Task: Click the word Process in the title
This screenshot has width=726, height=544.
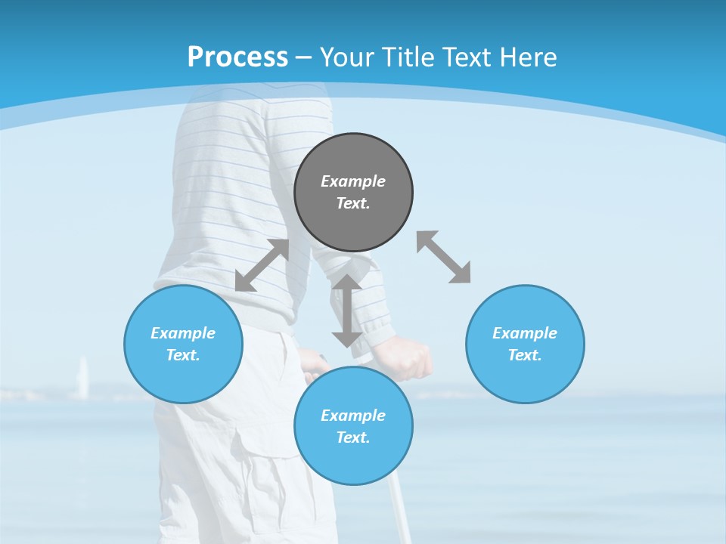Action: [237, 57]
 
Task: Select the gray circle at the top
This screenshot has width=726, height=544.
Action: [353, 219]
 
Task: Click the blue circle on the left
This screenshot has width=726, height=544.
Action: [183, 378]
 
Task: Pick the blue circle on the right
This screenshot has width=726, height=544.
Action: [525, 378]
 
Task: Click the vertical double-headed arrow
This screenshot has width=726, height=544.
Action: [347, 311]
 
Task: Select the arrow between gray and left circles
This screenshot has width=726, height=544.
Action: [262, 265]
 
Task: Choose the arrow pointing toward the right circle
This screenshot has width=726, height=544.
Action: [443, 257]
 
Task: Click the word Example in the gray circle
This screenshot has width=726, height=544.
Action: [353, 181]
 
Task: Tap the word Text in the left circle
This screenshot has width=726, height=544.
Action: [183, 355]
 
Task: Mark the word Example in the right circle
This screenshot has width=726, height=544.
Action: [525, 333]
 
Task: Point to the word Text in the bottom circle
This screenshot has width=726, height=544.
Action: [353, 437]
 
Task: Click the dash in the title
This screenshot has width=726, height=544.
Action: [304, 57]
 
